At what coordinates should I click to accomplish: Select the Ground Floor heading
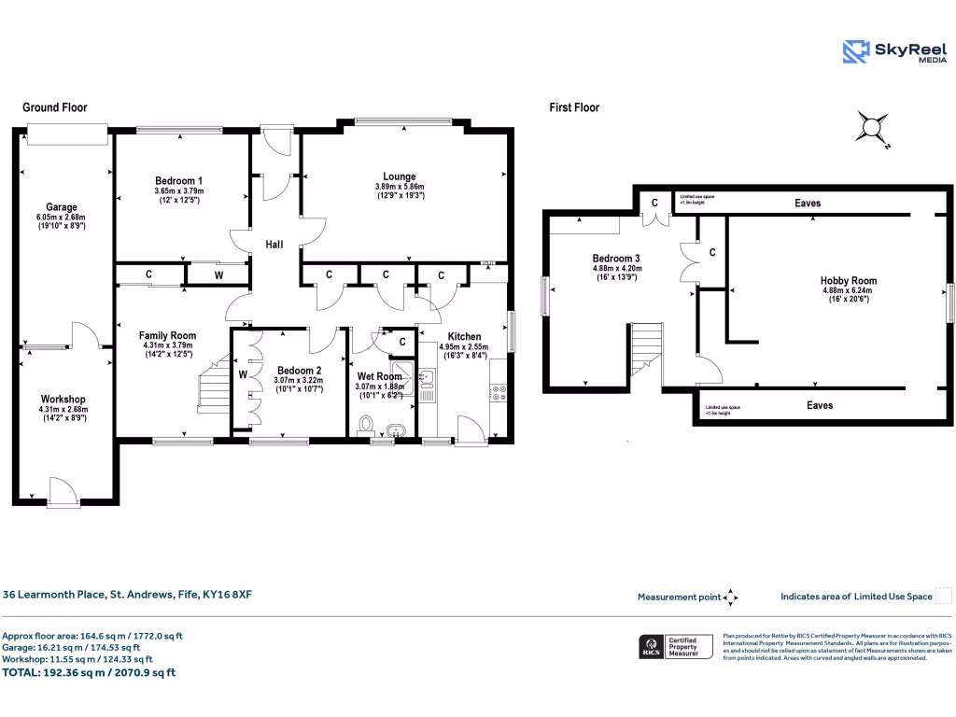[54, 107]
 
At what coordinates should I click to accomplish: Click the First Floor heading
[574, 107]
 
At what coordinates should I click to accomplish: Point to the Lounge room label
[399, 176]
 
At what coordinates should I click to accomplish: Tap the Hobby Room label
[848, 280]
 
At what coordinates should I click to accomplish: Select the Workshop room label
[63, 401]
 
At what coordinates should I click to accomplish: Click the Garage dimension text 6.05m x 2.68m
[63, 217]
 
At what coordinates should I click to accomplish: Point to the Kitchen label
[464, 337]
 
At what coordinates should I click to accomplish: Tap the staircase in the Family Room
[214, 383]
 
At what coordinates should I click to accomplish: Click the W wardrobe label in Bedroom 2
[242, 375]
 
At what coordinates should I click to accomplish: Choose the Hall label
[274, 245]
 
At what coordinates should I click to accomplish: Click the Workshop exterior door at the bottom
[64, 492]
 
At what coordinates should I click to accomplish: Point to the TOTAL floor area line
[89, 672]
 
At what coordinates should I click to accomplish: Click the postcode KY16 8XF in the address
[228, 593]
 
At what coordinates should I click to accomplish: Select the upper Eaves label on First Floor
[808, 203]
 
